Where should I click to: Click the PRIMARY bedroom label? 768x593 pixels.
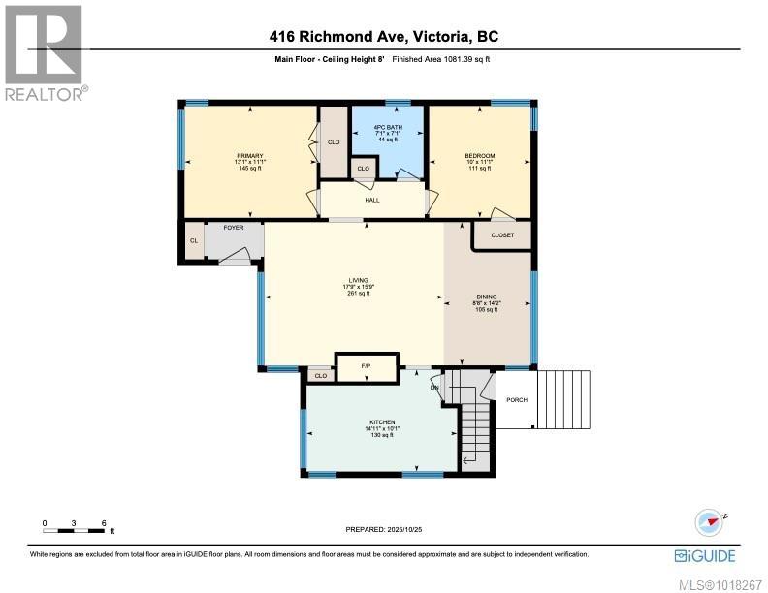point(250,156)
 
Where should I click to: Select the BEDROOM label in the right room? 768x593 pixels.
point(480,156)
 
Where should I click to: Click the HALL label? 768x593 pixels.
point(372,201)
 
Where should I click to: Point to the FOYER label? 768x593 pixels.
point(234,228)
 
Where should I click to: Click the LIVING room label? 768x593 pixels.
point(357,280)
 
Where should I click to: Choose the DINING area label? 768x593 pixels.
point(486,297)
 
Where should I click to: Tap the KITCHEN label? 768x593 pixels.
point(381,422)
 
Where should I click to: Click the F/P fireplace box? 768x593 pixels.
point(366,367)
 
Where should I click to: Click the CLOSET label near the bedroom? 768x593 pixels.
point(502,235)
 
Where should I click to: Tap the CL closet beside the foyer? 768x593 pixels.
point(194,241)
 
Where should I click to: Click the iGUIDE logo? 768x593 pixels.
point(705,555)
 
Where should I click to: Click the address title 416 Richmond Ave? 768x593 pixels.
point(384,37)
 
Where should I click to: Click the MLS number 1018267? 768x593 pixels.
point(720,581)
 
